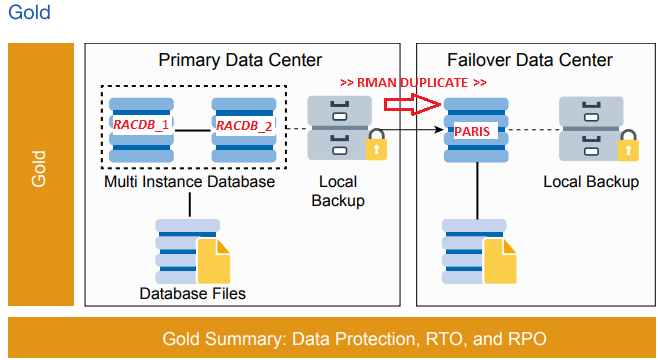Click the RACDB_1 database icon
click(140, 128)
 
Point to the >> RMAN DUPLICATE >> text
click(413, 82)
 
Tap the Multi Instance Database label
click(189, 183)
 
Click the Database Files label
click(192, 293)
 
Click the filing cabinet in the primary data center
click(338, 128)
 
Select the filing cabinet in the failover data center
click(589, 128)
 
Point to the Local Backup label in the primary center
click(338, 191)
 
